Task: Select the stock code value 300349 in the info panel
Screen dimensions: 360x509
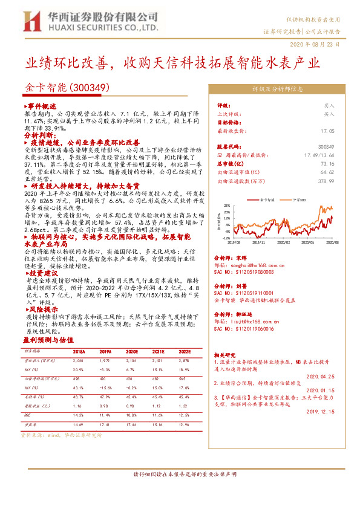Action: click(x=326, y=147)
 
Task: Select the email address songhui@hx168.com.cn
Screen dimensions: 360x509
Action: click(x=250, y=265)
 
